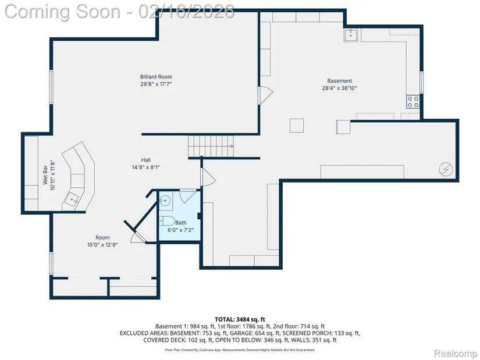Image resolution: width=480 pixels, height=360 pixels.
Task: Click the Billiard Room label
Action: click(x=156, y=77)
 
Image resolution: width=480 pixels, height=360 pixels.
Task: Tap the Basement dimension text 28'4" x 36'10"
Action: click(x=339, y=88)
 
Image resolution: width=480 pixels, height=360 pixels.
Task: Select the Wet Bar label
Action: click(x=45, y=175)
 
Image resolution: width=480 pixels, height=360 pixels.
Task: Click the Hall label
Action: click(x=145, y=160)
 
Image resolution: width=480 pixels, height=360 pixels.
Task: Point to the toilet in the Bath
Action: click(x=166, y=220)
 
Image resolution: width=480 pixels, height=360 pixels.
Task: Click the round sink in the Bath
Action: click(x=165, y=201)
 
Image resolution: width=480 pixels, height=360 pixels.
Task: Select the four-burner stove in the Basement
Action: click(x=413, y=102)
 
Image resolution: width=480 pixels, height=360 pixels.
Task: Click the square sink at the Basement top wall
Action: click(x=351, y=35)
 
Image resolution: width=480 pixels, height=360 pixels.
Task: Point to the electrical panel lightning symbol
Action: click(x=446, y=169)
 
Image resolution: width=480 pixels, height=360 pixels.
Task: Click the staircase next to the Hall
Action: click(x=211, y=147)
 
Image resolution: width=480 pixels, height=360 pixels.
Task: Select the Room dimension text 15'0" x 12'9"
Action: click(x=102, y=245)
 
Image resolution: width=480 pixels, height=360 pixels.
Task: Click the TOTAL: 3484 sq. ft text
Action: click(x=240, y=320)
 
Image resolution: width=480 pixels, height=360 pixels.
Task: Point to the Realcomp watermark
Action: click(x=456, y=354)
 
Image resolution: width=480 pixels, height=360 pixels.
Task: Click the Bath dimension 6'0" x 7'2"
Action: click(x=180, y=230)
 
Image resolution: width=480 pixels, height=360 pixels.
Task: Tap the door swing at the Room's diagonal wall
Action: click(x=138, y=236)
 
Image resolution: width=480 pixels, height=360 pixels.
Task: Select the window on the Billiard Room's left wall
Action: click(x=51, y=87)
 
